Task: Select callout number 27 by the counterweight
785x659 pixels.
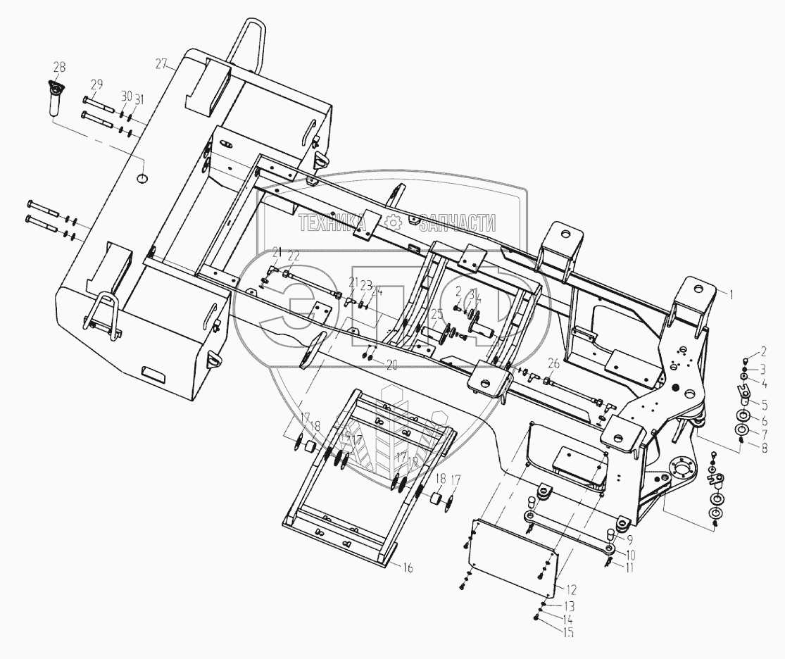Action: pyautogui.click(x=162, y=64)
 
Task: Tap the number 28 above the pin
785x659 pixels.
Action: pyautogui.click(x=59, y=67)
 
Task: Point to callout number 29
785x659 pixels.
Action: pyautogui.click(x=96, y=84)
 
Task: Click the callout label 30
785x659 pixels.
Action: pyautogui.click(x=126, y=96)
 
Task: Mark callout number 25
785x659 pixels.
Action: pyautogui.click(x=437, y=315)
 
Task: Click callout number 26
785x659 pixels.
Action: pyautogui.click(x=553, y=364)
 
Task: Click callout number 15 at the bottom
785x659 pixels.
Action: pyautogui.click(x=568, y=632)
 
